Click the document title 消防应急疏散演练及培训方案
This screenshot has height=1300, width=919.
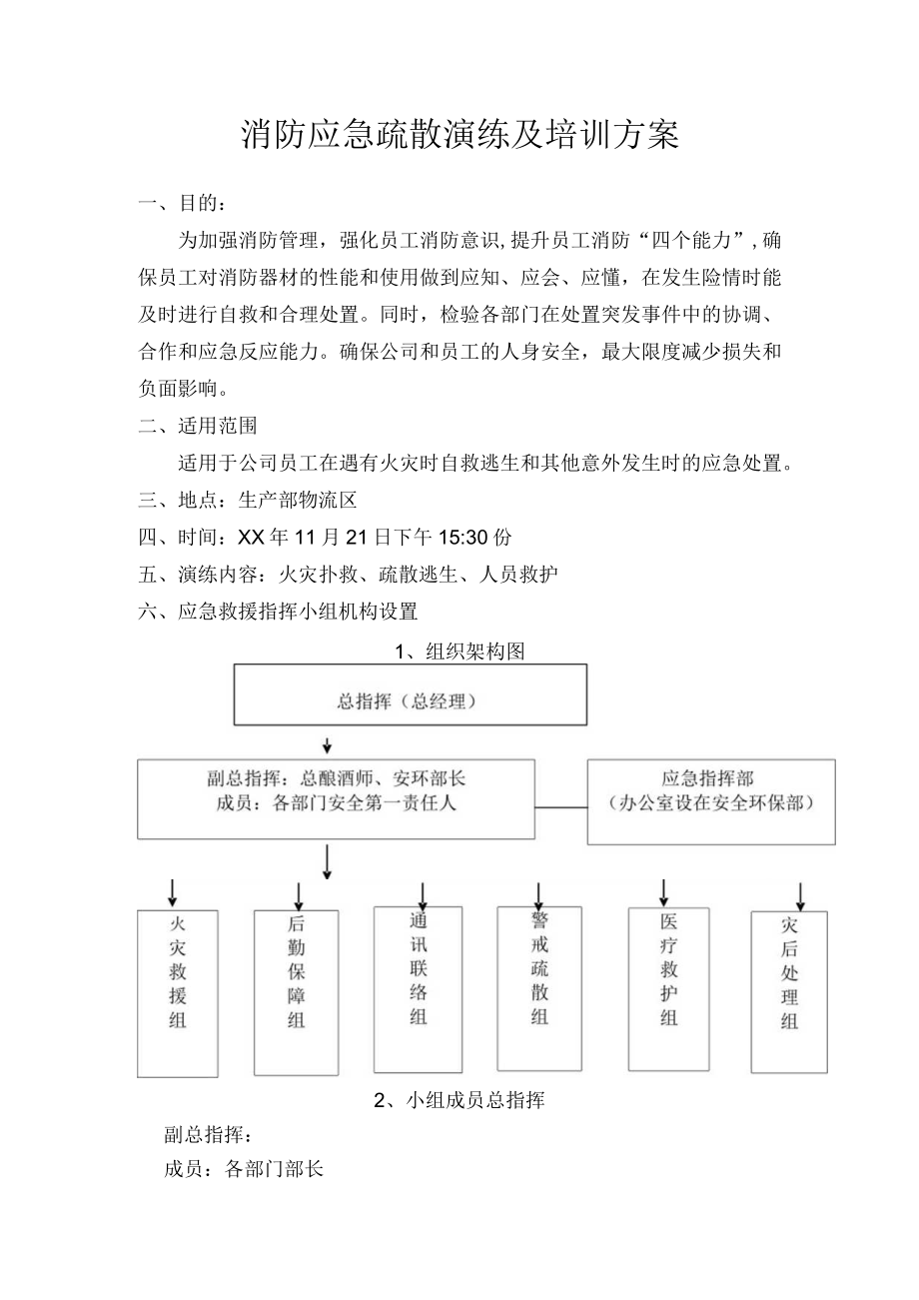point(460,136)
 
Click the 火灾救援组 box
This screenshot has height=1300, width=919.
point(178,993)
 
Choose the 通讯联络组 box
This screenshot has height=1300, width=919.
point(418,988)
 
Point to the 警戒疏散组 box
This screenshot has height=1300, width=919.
point(539,988)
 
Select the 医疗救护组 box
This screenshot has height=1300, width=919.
point(668,988)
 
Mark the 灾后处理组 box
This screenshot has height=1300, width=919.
point(789,991)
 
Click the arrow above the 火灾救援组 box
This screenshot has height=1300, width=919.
point(173,891)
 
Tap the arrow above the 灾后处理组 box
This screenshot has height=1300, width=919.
point(799,894)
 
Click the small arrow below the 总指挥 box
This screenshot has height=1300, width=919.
point(327,745)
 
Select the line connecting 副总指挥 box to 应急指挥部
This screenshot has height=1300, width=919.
point(560,806)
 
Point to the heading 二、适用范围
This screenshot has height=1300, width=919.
point(198,425)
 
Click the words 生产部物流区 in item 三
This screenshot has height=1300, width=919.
point(298,500)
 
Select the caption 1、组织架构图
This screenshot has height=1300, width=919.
point(459,651)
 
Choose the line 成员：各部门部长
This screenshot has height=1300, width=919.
point(244,1168)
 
